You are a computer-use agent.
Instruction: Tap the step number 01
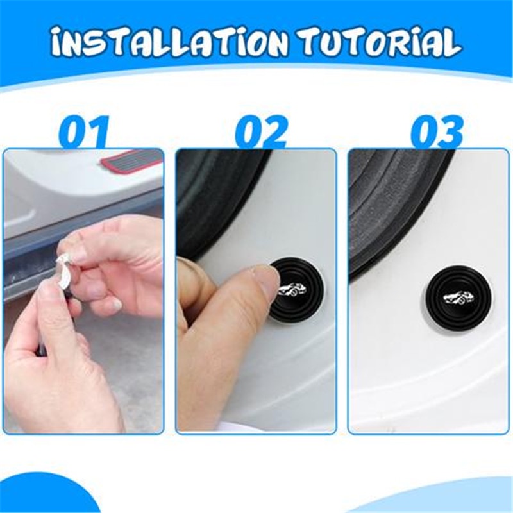(83, 133)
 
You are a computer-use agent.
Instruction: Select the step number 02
(260, 133)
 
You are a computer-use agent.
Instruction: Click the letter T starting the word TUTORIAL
(317, 43)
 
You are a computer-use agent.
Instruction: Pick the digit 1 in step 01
(98, 133)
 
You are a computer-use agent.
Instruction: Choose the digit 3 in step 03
(450, 133)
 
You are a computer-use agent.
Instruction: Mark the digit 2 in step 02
(274, 133)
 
